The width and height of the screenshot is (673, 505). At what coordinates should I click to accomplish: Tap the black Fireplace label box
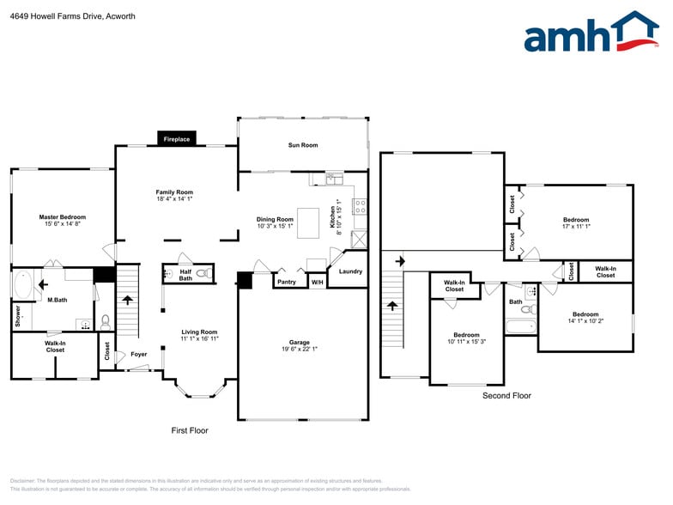pos(177,138)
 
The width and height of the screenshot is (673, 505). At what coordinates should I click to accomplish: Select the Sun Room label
pos(302,145)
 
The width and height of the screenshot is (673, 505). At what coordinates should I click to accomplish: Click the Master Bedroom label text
pos(63,217)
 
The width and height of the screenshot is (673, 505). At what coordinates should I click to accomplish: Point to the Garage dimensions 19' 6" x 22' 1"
pos(300,349)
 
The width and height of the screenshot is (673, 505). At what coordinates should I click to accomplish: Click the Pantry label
pos(288,282)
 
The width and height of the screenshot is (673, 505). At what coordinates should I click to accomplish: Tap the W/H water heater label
pos(317,282)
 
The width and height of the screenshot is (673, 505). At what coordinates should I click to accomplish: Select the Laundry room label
pos(350,271)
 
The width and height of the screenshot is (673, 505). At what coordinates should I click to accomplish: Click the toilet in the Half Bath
pos(203,274)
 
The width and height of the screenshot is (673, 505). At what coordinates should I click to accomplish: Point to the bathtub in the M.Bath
pos(23,284)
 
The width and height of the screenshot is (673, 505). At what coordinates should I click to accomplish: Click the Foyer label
pos(138,354)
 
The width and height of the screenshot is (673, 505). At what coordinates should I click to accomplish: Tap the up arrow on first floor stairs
pos(127,301)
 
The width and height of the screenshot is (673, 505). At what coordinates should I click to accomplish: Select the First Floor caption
pos(190,430)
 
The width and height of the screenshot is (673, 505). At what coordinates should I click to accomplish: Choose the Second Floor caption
pos(506,396)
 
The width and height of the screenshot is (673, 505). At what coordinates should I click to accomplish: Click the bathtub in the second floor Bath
pos(520,326)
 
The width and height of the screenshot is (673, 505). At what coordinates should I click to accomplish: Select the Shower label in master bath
pos(17,316)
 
